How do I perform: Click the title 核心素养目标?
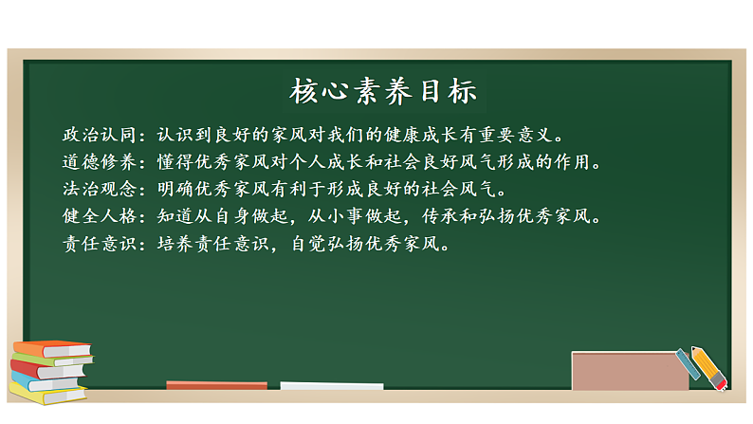[x=382, y=92]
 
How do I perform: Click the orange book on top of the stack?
[x=52, y=348]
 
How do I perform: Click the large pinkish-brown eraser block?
[x=630, y=371]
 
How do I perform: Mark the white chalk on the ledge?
[x=332, y=386]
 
